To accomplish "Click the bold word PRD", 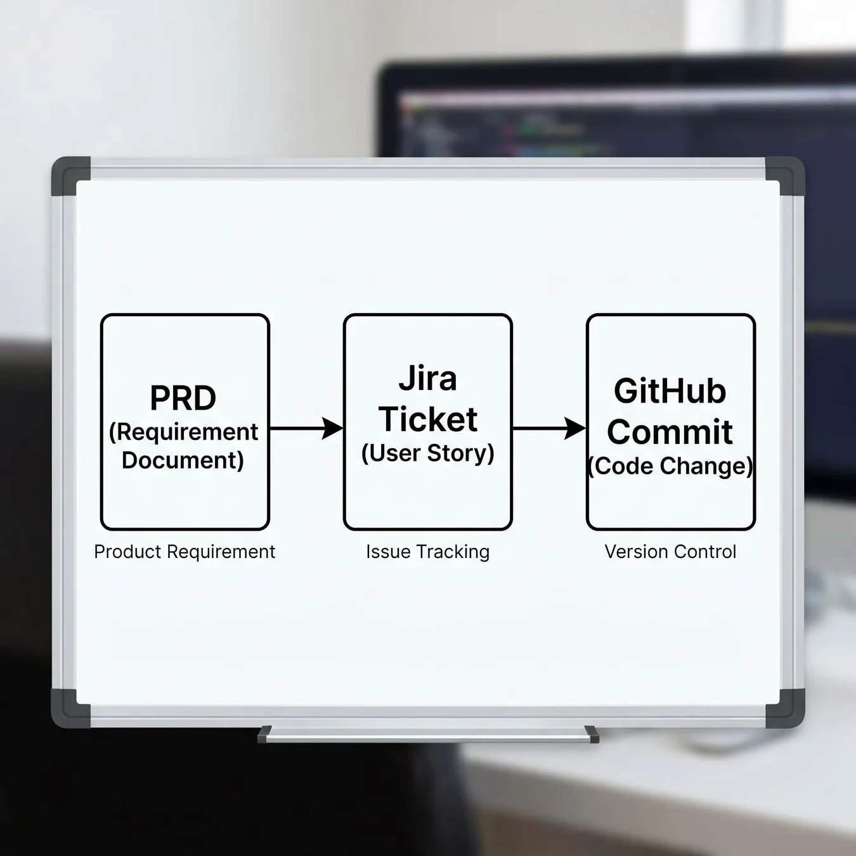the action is (x=183, y=398).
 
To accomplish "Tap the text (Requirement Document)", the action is (x=183, y=446).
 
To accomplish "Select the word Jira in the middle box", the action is (x=428, y=379).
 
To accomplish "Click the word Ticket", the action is (x=428, y=419).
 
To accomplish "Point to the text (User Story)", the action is (x=428, y=453).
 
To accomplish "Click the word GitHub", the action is (x=670, y=391).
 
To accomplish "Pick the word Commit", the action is (x=670, y=431).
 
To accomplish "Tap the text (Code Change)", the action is (x=670, y=466).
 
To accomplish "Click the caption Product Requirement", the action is (x=185, y=552).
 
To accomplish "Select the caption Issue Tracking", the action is (x=428, y=552).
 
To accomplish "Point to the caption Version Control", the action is (x=670, y=552).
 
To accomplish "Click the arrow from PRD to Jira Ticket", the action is (x=306, y=428).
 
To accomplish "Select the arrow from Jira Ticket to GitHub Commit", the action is (x=550, y=428).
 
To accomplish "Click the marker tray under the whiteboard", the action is (x=428, y=735).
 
